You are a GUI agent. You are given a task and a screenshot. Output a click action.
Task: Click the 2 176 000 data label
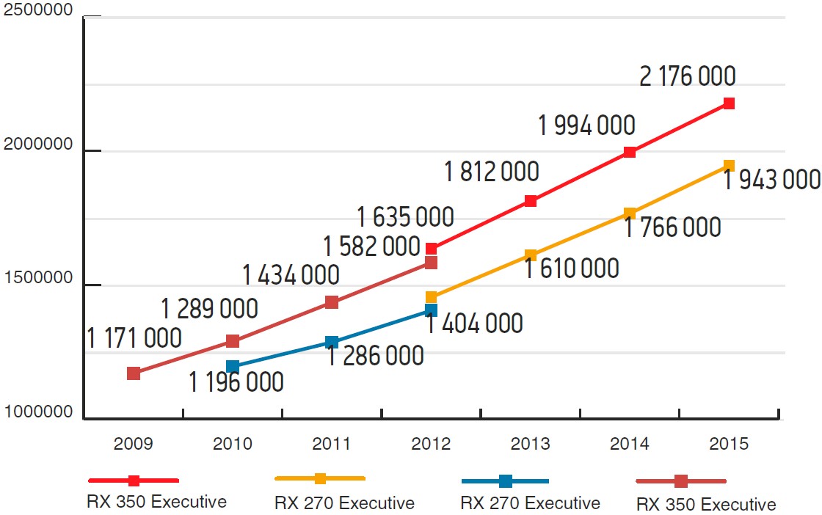[x=688, y=76]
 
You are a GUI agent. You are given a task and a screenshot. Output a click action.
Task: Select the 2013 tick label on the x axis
[x=530, y=444]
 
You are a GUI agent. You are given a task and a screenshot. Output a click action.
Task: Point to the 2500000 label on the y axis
[x=38, y=11]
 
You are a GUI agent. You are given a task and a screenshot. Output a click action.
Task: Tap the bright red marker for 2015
[x=729, y=103]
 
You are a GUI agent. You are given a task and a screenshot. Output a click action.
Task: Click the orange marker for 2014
[x=630, y=213]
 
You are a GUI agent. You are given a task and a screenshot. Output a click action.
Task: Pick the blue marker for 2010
[x=233, y=366]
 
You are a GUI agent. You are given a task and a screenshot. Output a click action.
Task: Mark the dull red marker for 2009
[x=134, y=373]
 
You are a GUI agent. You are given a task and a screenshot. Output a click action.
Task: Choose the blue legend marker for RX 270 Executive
[x=505, y=481]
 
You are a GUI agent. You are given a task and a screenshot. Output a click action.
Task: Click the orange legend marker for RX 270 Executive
[x=320, y=478]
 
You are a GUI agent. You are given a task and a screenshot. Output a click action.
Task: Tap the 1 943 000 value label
[x=771, y=180]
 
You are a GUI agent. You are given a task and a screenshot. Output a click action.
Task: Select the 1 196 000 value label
[x=236, y=382]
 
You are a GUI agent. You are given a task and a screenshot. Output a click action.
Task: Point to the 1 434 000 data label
[x=291, y=275]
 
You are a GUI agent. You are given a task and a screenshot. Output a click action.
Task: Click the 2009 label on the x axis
[x=133, y=444]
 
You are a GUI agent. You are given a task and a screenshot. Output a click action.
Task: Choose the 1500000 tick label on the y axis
[x=38, y=278]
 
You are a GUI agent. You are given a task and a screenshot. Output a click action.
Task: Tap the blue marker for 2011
[x=332, y=342]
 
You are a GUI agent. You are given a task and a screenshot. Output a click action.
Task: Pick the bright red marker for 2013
[x=531, y=201]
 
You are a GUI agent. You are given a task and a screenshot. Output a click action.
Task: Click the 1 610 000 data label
[x=572, y=269]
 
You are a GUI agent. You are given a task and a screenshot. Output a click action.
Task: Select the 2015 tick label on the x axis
[x=729, y=444]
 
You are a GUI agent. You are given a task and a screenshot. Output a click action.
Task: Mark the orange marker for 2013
[x=531, y=255]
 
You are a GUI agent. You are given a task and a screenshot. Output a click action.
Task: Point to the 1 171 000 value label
[x=134, y=338]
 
